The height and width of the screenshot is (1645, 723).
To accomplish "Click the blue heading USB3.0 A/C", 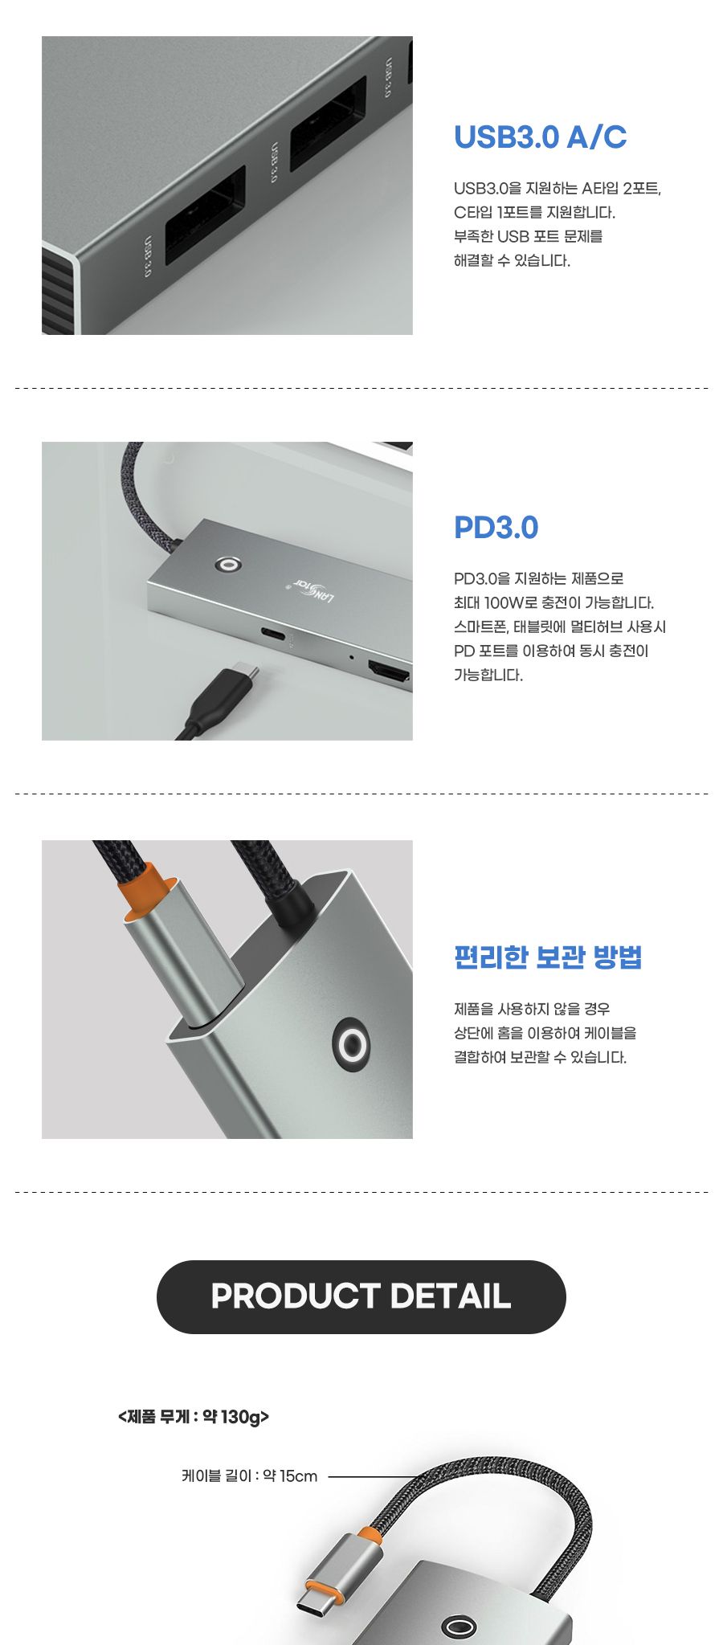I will pyautogui.click(x=540, y=137).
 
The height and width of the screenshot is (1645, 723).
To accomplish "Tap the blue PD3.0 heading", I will pyautogui.click(x=496, y=528).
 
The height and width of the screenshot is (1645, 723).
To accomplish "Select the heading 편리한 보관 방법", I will pyautogui.click(x=548, y=957).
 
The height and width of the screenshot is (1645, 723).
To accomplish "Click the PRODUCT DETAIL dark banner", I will pyautogui.click(x=361, y=1296).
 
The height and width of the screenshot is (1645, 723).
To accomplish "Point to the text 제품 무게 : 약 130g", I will pyautogui.click(x=194, y=1417).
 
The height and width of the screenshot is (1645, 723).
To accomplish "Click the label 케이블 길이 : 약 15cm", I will pyautogui.click(x=249, y=1476).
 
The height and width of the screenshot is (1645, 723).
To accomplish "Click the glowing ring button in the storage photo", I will pyautogui.click(x=351, y=1046).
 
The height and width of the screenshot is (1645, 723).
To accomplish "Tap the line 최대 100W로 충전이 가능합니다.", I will pyautogui.click(x=553, y=603).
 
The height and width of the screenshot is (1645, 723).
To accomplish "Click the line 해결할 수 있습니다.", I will pyautogui.click(x=512, y=261).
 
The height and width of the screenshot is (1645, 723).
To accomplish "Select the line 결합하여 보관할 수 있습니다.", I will pyautogui.click(x=540, y=1058).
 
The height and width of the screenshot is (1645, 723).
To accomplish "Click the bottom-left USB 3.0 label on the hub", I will pyautogui.click(x=147, y=256).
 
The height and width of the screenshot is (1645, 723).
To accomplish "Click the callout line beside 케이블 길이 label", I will pyautogui.click(x=374, y=1476).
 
